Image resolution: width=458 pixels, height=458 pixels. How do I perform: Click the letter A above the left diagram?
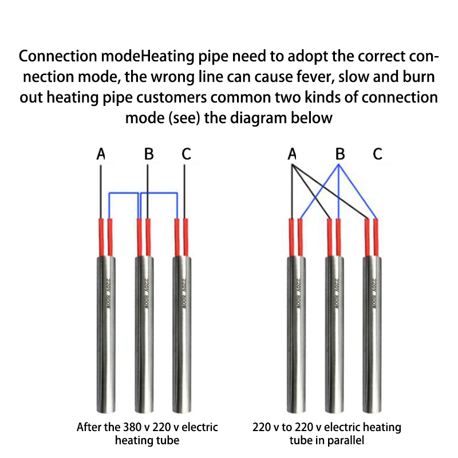[x=101, y=154]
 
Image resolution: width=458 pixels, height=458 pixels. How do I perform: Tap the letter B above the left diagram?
[x=149, y=154]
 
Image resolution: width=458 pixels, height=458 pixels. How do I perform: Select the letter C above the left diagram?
[x=186, y=154]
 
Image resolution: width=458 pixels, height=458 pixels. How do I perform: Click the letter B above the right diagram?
[x=340, y=154]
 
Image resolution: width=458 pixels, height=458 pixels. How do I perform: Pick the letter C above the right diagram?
[x=377, y=154]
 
